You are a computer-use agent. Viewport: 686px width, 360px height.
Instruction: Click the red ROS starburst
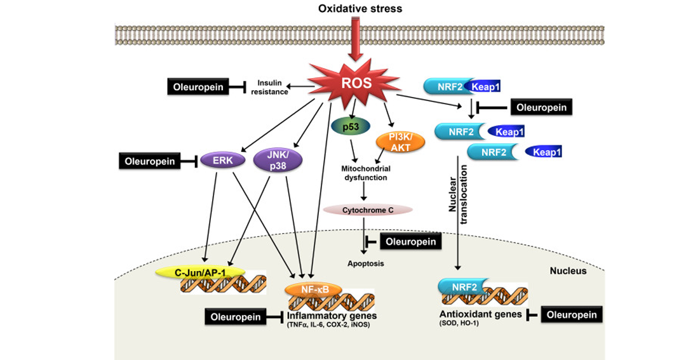(355, 83)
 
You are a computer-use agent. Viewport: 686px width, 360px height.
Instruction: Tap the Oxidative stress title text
(360, 9)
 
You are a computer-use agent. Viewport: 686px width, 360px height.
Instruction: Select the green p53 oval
(351, 126)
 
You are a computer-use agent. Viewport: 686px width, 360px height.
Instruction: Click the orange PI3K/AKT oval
(400, 142)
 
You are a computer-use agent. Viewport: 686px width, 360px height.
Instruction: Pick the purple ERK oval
(223, 161)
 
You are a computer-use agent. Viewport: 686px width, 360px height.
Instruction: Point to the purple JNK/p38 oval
(278, 160)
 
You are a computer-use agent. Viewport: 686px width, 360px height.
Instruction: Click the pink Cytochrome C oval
(368, 210)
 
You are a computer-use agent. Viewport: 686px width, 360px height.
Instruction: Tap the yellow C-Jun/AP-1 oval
(200, 272)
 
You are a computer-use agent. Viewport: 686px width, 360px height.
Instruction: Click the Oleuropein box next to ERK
(150, 161)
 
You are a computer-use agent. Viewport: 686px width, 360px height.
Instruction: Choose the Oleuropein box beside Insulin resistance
(198, 87)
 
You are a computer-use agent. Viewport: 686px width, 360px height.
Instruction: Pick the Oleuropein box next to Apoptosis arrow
(410, 241)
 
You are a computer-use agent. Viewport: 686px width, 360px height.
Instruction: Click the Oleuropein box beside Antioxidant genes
(572, 315)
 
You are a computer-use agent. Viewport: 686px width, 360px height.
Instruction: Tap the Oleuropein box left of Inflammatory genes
(236, 317)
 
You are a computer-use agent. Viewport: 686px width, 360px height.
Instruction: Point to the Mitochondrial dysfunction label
(366, 173)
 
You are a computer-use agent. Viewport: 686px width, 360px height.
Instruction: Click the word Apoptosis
(366, 263)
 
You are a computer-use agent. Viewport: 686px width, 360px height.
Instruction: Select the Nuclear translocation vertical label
(458, 195)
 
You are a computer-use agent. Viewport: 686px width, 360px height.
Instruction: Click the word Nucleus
(568, 271)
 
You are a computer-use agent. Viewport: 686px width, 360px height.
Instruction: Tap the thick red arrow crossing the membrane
(356, 39)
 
